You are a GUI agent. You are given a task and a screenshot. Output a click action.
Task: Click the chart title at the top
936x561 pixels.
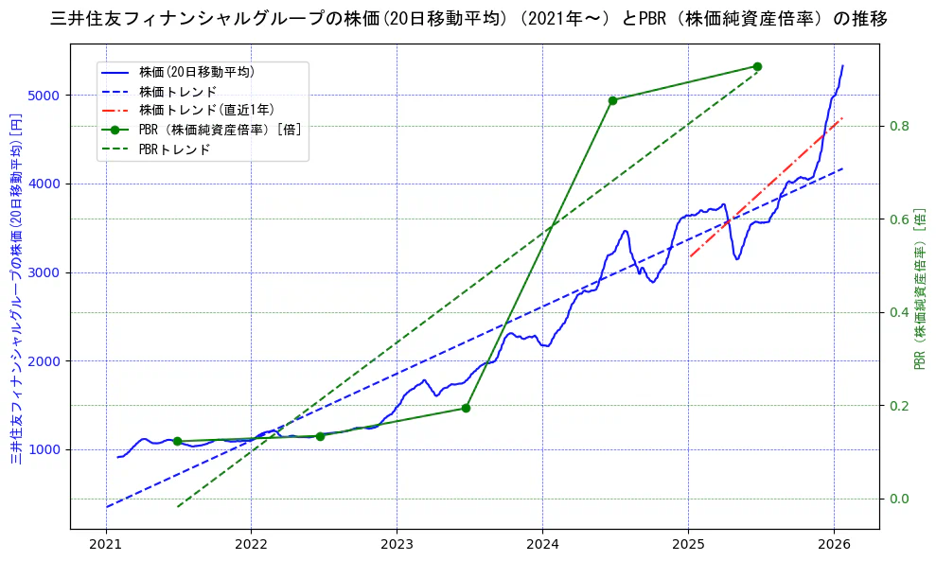[x=468, y=18]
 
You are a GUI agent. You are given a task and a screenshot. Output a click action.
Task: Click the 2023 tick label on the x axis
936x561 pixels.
[x=397, y=545]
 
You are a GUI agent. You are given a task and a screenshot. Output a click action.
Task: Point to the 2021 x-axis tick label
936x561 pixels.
[x=106, y=545]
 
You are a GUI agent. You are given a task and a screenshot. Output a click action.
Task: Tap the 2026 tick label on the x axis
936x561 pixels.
[x=834, y=545]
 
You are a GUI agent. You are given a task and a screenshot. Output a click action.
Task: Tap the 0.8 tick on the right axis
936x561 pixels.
[x=898, y=126]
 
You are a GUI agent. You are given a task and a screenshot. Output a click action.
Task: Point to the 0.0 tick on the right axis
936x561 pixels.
[x=898, y=499]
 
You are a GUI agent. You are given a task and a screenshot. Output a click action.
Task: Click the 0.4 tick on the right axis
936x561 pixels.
[x=898, y=312]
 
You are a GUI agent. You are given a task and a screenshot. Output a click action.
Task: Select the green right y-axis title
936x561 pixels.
[x=919, y=289]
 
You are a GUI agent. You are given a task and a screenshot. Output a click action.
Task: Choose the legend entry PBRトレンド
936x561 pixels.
[x=174, y=149]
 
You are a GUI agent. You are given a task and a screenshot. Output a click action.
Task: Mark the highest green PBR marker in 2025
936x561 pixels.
[x=757, y=66]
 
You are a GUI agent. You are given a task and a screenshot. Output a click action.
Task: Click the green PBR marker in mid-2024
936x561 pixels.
[x=612, y=100]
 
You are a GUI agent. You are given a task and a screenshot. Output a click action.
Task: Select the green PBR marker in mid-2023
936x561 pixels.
[x=466, y=408]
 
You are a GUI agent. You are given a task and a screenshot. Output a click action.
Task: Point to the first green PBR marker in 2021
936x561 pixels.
[x=177, y=441]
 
